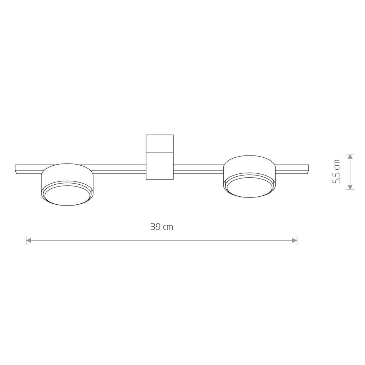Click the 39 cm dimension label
tap(162, 227)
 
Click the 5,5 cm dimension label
tap(337, 172)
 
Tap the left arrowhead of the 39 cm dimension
tap(28, 240)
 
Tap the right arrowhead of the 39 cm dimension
tap(295, 240)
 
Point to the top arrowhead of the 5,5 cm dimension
tap(350, 157)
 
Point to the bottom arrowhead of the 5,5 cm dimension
tap(350, 187)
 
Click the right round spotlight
tap(250, 176)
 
